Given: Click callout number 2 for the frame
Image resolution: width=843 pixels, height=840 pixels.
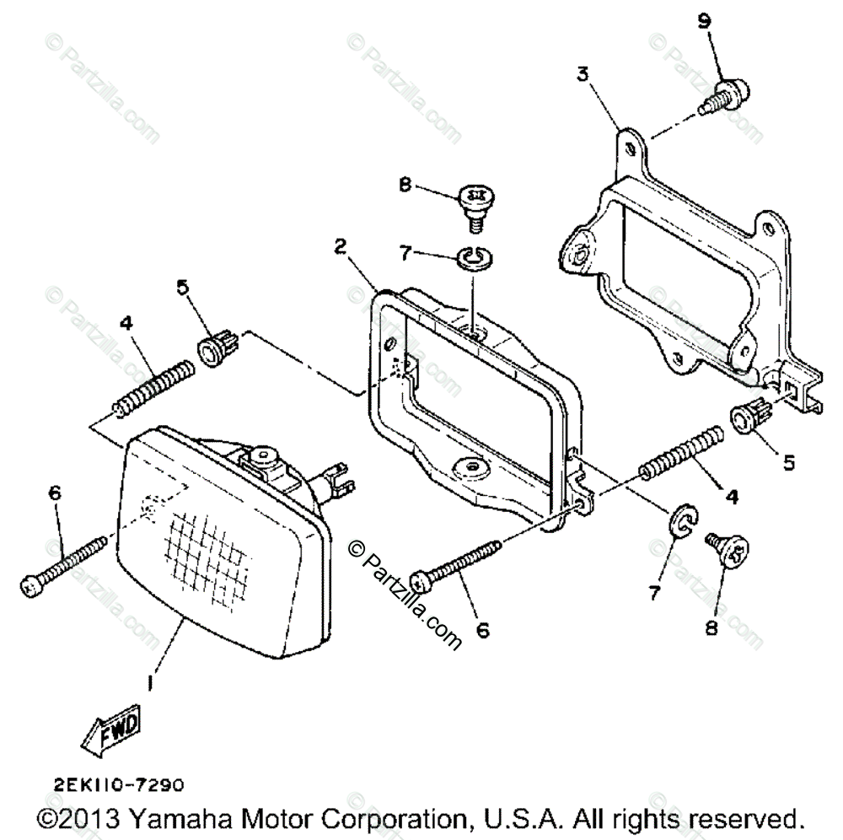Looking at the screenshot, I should pyautogui.click(x=340, y=246).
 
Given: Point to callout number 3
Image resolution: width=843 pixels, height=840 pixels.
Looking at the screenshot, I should pyautogui.click(x=583, y=73).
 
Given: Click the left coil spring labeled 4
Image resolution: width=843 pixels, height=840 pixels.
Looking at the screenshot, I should pyautogui.click(x=157, y=384).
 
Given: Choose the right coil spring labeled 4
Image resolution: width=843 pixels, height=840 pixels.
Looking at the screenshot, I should pyautogui.click(x=683, y=455).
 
